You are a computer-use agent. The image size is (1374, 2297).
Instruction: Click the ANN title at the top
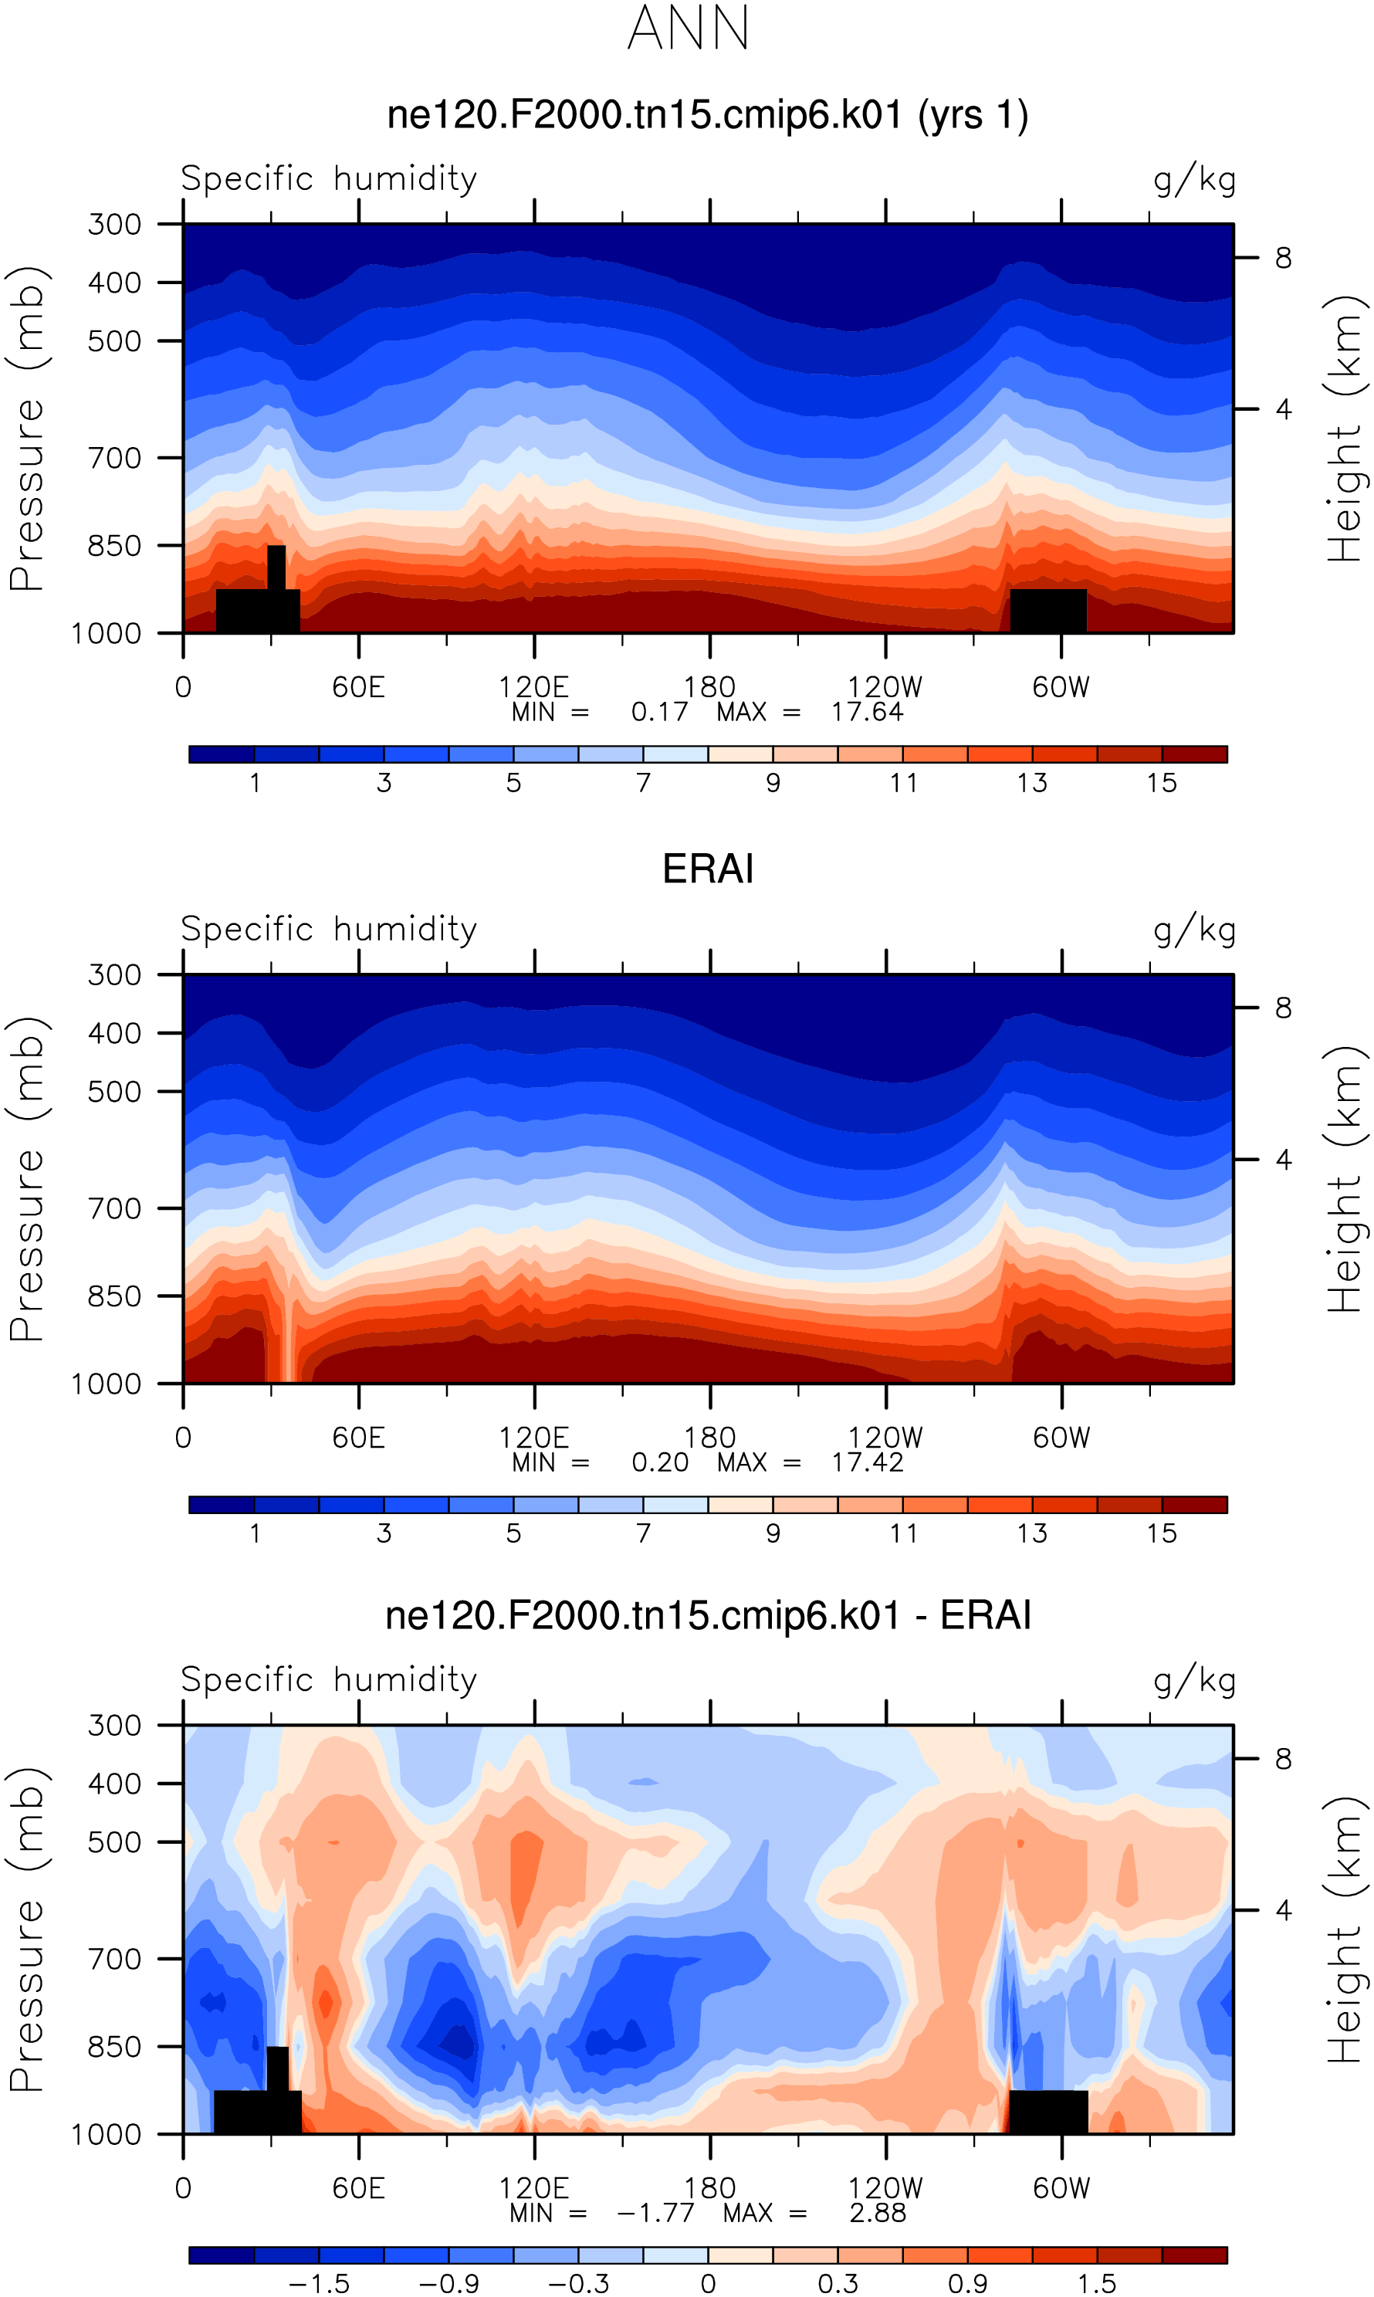point(688,28)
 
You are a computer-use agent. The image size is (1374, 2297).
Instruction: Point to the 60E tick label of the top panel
point(358,687)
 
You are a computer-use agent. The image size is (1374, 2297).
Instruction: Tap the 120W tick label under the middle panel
point(885,1438)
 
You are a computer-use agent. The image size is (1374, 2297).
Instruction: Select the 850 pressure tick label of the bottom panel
point(114,2046)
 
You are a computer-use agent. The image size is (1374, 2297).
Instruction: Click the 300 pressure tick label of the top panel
point(114,224)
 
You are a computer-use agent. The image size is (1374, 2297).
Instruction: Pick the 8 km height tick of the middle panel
point(1282,1008)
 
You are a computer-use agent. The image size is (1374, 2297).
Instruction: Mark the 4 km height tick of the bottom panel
point(1282,1910)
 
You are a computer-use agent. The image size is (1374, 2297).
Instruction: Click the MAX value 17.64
point(867,712)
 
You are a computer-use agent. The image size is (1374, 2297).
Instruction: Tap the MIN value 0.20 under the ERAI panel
point(660,1463)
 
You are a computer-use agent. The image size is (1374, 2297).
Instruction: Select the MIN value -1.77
point(655,2214)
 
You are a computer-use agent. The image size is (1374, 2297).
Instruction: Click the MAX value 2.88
point(877,2214)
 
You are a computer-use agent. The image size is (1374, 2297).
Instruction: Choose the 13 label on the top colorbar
point(1031,783)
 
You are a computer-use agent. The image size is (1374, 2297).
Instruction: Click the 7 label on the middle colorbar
point(644,1534)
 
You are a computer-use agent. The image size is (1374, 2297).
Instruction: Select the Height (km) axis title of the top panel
point(1346,429)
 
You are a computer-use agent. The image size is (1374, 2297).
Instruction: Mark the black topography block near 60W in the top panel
point(1047,610)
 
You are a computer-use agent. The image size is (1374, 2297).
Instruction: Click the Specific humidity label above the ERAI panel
point(329,929)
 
